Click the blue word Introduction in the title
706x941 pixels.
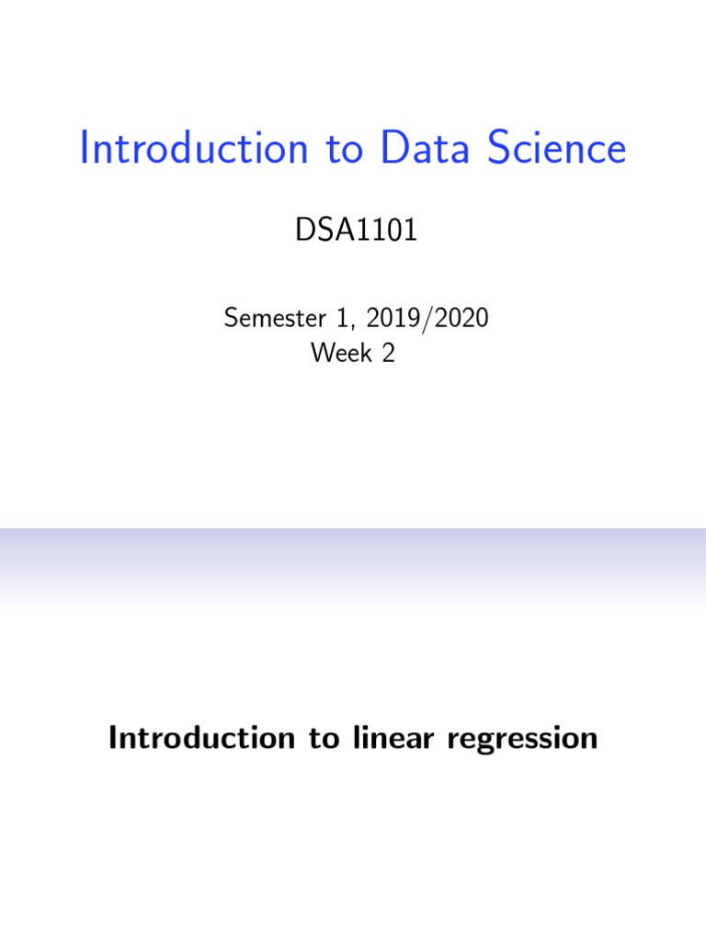click(x=194, y=150)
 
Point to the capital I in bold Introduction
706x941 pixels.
click(x=114, y=738)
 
